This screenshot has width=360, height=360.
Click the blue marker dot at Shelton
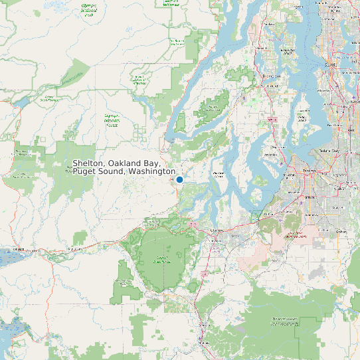coord(179,179)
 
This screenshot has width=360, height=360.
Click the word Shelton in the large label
coord(88,163)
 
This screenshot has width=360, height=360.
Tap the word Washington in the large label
coord(152,172)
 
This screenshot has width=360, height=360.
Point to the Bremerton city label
coord(270,77)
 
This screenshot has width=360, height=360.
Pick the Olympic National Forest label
coord(111,120)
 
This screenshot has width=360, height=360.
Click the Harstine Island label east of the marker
coord(217,174)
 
